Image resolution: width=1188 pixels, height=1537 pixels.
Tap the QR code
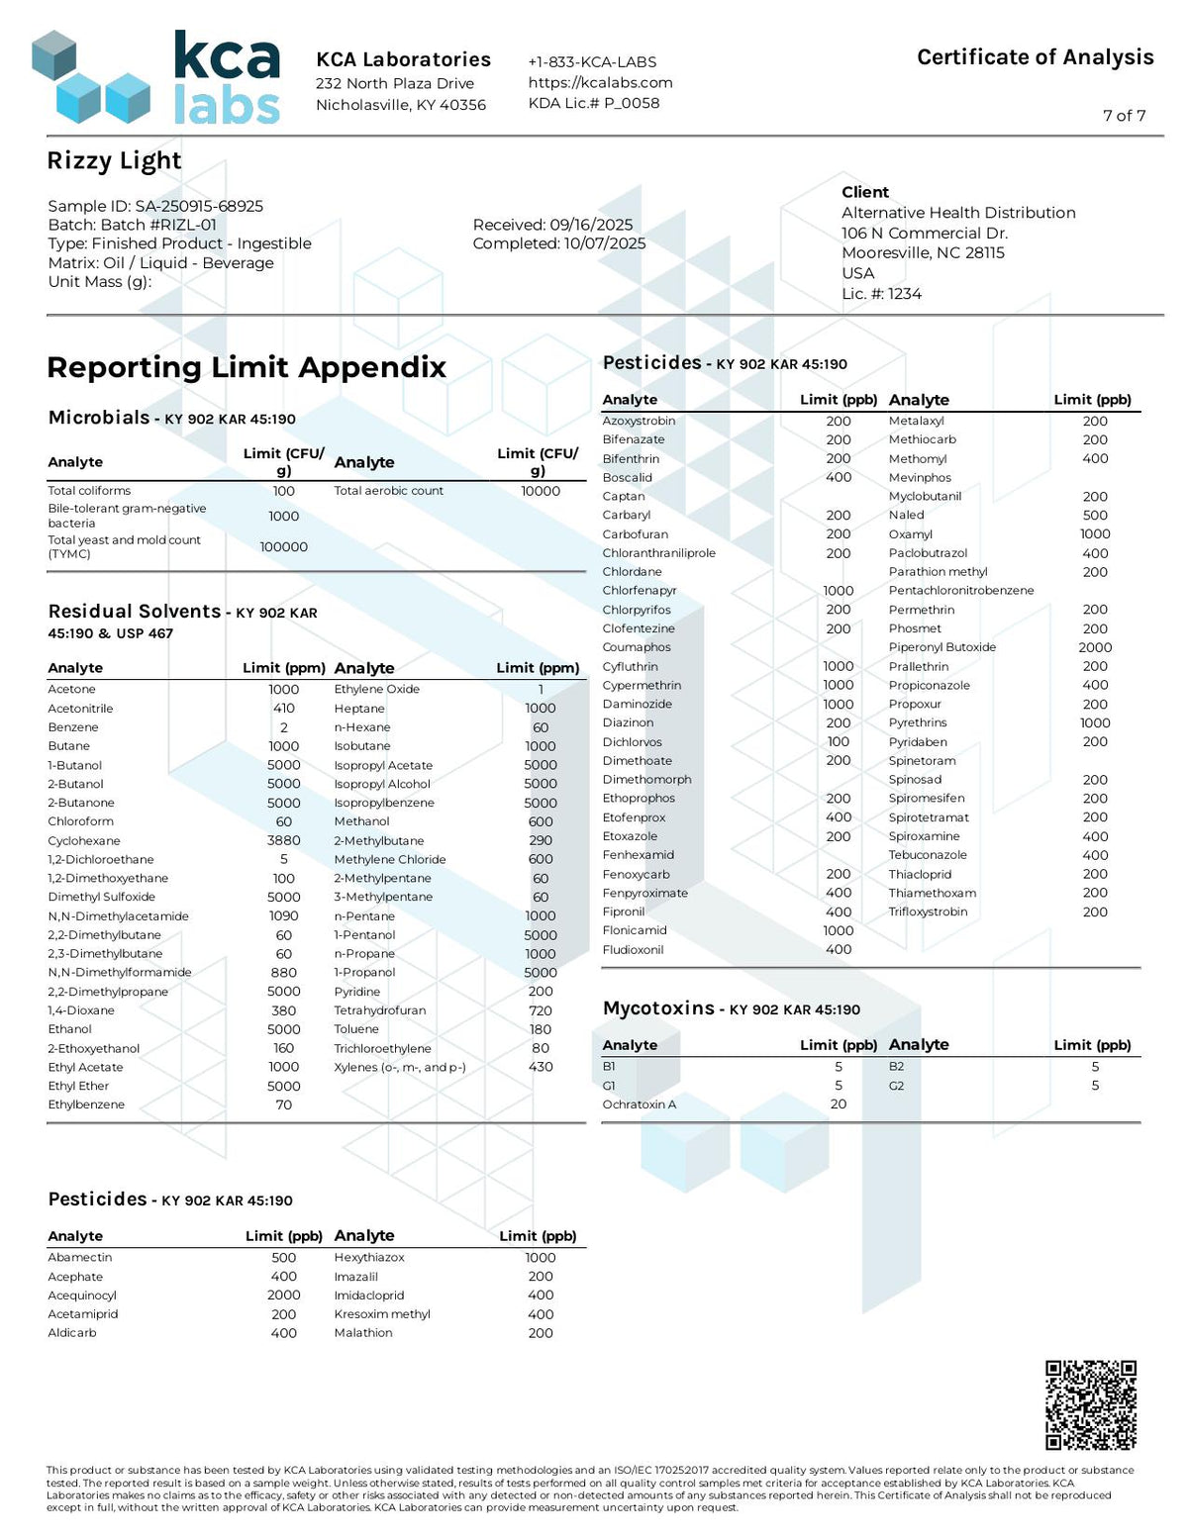[1090, 1405]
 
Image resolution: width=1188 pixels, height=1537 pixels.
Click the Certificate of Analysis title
[1035, 57]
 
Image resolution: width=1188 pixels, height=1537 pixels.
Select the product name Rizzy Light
[114, 161]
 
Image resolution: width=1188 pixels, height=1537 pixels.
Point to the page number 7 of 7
[1124, 116]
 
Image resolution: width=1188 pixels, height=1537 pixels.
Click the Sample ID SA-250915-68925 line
[155, 206]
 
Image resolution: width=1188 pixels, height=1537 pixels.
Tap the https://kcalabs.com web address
[600, 82]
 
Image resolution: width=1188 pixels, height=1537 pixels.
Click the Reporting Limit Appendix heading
[247, 367]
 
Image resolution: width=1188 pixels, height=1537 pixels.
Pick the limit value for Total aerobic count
[541, 491]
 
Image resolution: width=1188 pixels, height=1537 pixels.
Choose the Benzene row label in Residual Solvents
[73, 727]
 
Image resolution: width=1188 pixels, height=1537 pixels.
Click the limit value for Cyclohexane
[284, 840]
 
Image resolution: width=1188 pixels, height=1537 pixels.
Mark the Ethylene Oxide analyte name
[376, 689]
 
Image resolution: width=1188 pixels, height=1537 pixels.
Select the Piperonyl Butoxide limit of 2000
[1095, 647]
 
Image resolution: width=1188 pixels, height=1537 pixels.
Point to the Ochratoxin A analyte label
[639, 1105]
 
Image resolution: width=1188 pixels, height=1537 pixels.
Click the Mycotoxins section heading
[658, 1009]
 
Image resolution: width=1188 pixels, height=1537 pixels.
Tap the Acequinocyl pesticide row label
[82, 1296]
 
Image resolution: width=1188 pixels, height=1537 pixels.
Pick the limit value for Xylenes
[541, 1067]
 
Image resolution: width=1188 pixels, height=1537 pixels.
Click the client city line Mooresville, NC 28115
[923, 252]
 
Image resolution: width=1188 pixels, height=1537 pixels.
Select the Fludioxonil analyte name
[633, 950]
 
